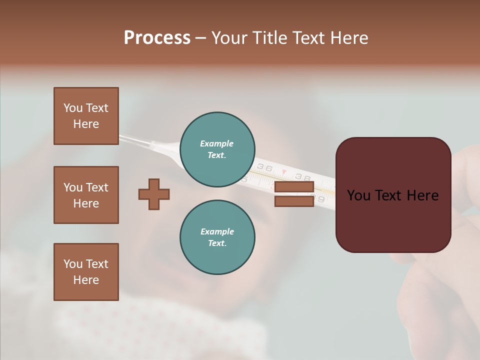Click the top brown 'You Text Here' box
(86, 116)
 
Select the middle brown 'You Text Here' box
(86, 195)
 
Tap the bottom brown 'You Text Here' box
(86, 272)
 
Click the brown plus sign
(154, 194)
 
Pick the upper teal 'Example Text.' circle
(217, 149)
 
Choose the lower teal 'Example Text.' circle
(217, 237)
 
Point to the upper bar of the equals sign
(294, 186)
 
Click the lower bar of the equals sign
(294, 201)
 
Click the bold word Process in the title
(157, 38)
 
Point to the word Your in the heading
(230, 38)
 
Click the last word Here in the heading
(349, 38)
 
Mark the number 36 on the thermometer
(264, 168)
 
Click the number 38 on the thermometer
(302, 177)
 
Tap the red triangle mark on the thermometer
(284, 173)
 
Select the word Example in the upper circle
(217, 143)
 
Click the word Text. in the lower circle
(217, 243)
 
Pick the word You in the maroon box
(359, 195)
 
